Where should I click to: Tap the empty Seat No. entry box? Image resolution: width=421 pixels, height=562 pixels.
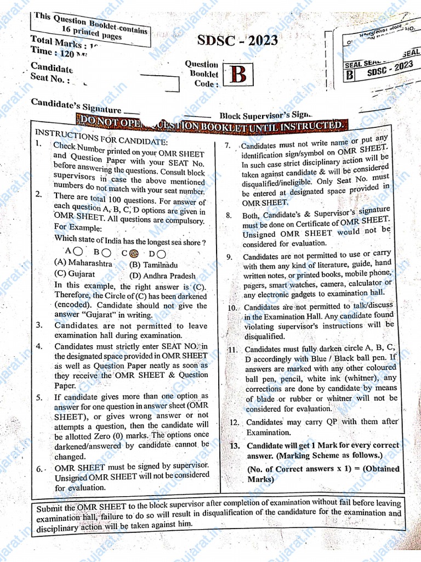point(159,83)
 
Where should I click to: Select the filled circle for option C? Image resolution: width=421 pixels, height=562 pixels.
point(133,253)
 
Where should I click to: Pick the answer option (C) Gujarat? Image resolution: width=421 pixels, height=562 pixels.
point(74,273)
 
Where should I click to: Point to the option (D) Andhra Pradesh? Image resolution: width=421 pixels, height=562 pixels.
point(162,276)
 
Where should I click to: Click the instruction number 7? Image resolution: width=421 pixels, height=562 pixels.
point(228,146)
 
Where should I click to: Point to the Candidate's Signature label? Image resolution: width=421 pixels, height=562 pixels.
point(76,106)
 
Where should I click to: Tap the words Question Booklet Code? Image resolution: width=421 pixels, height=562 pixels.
point(202,74)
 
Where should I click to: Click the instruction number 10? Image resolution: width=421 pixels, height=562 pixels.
point(233,308)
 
